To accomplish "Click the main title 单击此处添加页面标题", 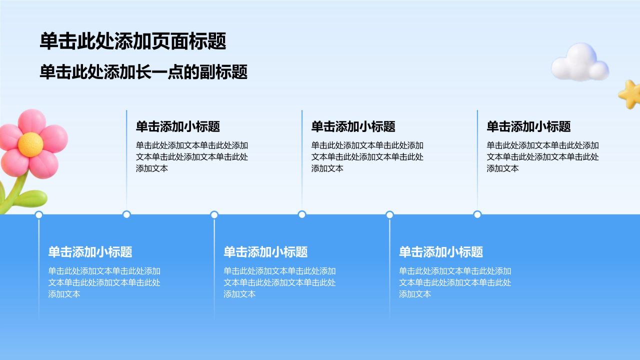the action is (x=133, y=41).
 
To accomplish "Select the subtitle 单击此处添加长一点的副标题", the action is (x=143, y=71).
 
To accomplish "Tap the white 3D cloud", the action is (x=580, y=62).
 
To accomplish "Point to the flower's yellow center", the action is (x=30, y=144).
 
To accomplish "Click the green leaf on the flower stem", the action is (x=31, y=198).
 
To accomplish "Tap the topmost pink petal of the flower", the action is (x=31, y=121).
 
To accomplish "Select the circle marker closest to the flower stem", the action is (x=39, y=215).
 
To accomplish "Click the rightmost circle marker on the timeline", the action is (x=477, y=214).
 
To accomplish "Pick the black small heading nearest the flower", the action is (x=177, y=126).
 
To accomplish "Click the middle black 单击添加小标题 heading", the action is (x=353, y=126).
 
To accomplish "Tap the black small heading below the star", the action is (x=528, y=126).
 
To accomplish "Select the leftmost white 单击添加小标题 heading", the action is (x=90, y=252).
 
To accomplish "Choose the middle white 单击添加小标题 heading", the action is (x=265, y=252).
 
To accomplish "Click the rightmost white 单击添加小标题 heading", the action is (x=441, y=252).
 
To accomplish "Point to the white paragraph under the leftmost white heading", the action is (x=104, y=282).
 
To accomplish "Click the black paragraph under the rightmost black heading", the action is (x=542, y=157).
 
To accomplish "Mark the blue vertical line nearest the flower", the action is (x=126, y=160).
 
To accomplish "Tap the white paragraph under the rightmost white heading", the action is (x=455, y=282).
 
